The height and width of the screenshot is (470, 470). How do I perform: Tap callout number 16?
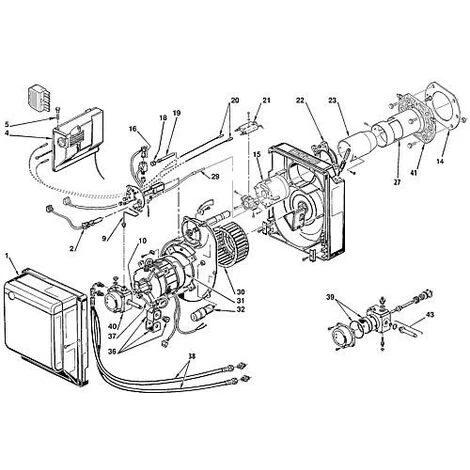[131, 130]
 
